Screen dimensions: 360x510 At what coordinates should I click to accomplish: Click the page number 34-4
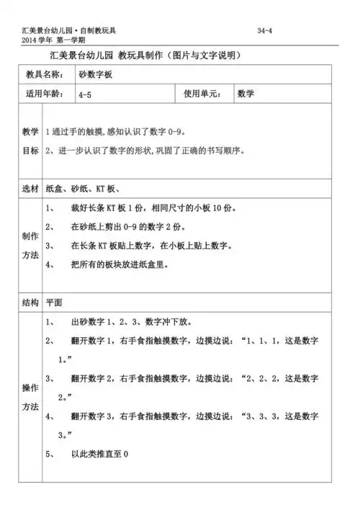pos(264,30)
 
